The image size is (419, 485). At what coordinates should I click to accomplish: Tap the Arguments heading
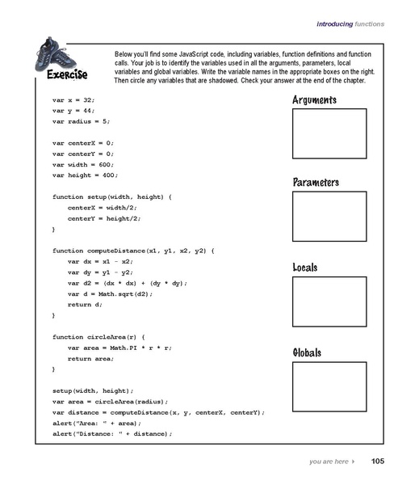(314, 101)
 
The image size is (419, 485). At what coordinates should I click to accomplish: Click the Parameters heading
(316, 183)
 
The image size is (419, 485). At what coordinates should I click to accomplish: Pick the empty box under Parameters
(328, 217)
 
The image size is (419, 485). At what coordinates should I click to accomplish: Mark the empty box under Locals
(328, 302)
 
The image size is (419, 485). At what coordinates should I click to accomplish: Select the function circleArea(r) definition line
(98, 336)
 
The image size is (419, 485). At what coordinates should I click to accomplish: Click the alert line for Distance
(113, 434)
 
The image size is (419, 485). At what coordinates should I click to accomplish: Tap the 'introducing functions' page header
(350, 23)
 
